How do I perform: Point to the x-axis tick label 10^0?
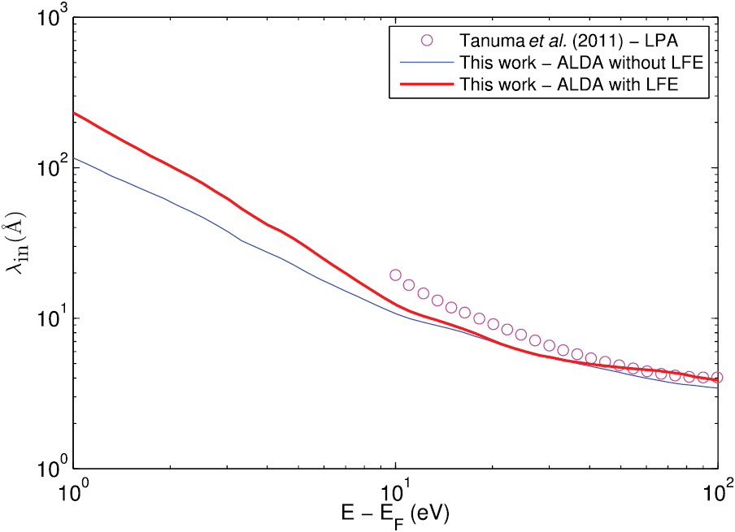(74, 491)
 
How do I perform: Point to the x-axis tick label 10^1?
(395, 491)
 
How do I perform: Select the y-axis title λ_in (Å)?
(18, 243)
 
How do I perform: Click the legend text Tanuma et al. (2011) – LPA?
(564, 41)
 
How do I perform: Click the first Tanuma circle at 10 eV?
(396, 275)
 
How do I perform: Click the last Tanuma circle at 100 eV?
(715, 377)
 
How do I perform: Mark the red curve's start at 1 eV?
(74, 113)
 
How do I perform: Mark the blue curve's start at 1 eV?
(74, 158)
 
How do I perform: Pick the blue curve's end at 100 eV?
(716, 387)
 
